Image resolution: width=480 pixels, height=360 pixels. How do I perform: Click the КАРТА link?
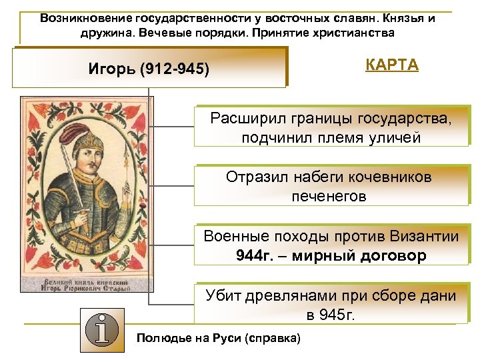(x=391, y=65)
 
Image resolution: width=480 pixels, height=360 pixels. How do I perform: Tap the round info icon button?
(x=102, y=331)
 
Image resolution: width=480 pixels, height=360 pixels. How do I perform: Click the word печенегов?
(x=329, y=197)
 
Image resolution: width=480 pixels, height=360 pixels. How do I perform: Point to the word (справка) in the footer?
(x=273, y=338)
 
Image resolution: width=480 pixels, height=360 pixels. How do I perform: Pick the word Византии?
(x=424, y=237)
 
